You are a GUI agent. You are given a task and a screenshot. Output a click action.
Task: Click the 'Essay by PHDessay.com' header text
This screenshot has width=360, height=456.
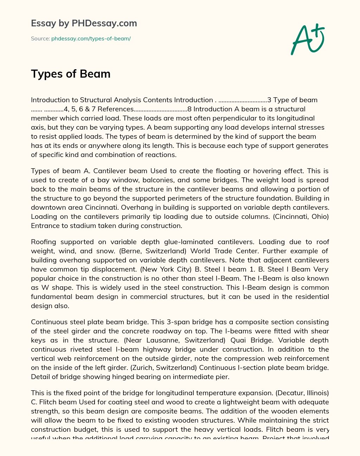click(x=84, y=24)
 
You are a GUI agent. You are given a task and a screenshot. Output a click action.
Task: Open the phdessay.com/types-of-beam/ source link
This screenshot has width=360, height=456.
click(x=91, y=39)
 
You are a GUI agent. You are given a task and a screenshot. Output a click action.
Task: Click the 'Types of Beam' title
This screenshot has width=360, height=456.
click(x=71, y=74)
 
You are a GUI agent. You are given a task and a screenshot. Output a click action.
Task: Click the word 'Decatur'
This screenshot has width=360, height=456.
click(x=286, y=393)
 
